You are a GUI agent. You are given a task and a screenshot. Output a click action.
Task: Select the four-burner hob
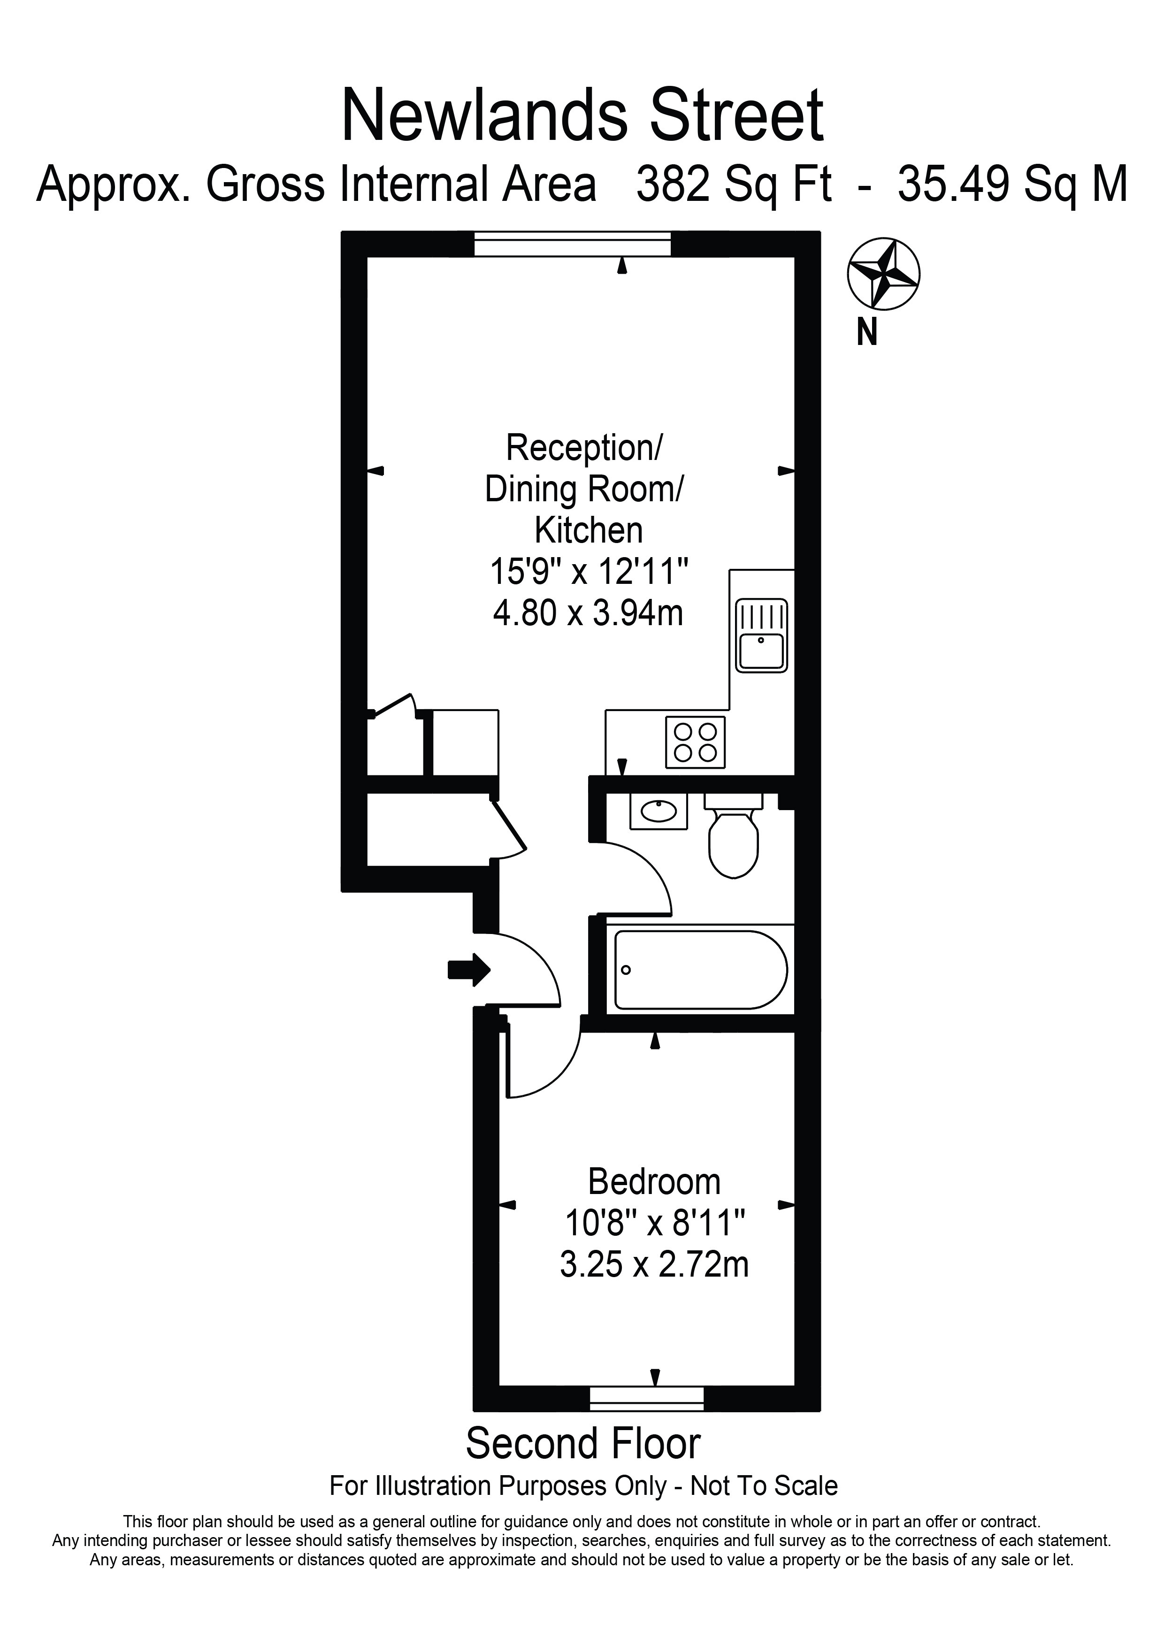(x=695, y=742)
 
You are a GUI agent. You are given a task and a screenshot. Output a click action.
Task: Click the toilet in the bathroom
(x=733, y=834)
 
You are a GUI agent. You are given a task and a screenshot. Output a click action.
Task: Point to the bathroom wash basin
(x=659, y=811)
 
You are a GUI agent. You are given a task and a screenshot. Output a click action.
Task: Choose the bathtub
(x=700, y=970)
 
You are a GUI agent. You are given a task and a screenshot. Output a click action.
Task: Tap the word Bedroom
(x=654, y=1182)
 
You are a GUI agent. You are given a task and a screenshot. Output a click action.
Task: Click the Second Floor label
(x=583, y=1443)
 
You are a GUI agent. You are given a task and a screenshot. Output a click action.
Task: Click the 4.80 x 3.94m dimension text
(x=588, y=613)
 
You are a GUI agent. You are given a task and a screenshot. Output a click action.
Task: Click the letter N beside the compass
(x=867, y=333)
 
